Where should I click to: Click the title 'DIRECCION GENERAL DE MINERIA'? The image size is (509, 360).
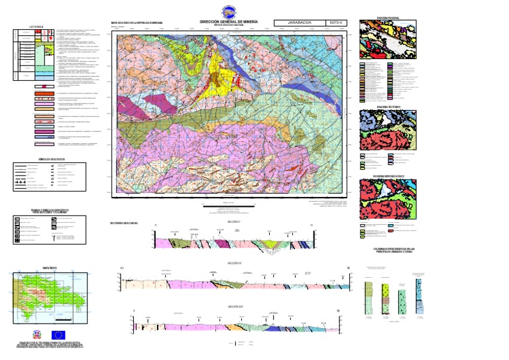pos(229,22)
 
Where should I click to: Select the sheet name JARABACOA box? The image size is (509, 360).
pos(299,22)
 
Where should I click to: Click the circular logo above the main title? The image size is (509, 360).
pos(228,11)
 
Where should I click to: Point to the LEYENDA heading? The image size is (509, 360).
pos(36,27)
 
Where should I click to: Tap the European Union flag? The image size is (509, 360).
pos(59,335)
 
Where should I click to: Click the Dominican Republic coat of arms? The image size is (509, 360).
pos(37,335)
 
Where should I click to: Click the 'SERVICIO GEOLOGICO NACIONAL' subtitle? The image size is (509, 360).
pos(229,27)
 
